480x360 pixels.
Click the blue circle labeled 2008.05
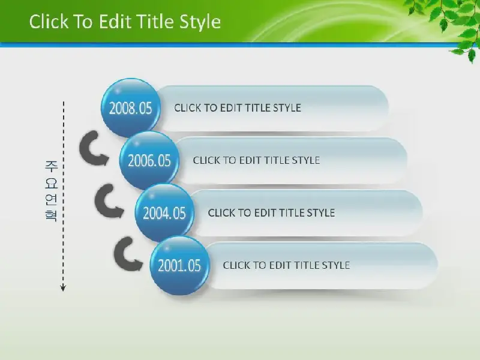[x=131, y=107]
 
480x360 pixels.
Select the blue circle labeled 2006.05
[x=149, y=160]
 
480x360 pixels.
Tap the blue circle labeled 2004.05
[x=164, y=213]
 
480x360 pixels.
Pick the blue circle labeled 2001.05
[x=179, y=265]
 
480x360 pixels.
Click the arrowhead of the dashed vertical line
[x=63, y=288]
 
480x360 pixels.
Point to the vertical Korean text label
[x=51, y=191]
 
